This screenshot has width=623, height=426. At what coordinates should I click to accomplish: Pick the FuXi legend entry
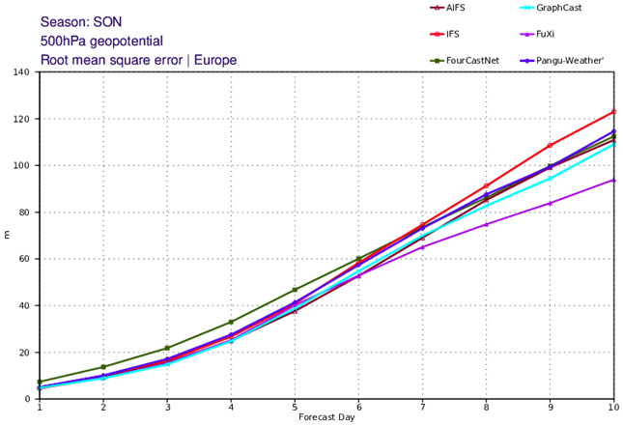coord(557,34)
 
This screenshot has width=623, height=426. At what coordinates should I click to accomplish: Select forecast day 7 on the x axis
coord(422,408)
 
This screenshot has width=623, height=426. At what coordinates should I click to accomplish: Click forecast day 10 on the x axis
coord(612,408)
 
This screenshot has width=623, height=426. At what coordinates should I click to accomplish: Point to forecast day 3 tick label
coord(167,408)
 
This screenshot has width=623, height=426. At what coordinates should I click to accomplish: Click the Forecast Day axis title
coord(326,418)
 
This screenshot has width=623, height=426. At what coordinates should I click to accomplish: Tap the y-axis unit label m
coord(8,235)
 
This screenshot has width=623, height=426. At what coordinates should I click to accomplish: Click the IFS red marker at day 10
coord(613,112)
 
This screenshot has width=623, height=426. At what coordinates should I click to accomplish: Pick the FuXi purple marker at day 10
coord(613,180)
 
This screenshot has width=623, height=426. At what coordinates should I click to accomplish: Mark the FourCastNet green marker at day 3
coord(167,348)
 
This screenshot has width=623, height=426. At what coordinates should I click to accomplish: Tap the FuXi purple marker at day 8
coord(486,224)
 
